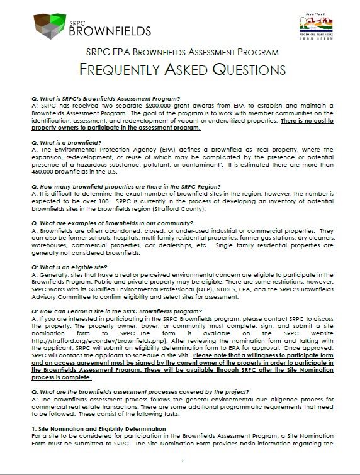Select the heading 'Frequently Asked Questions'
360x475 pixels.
[x=180, y=69]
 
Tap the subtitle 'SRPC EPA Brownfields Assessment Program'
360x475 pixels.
[x=180, y=52]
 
